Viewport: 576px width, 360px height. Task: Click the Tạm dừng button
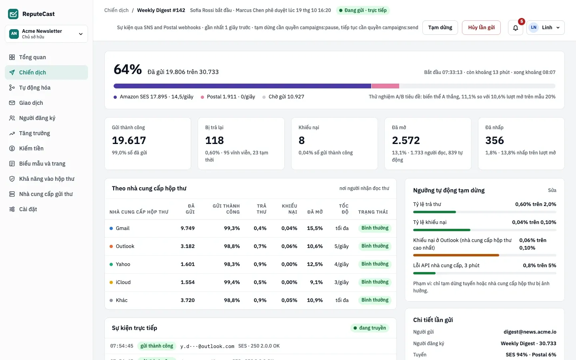pyautogui.click(x=440, y=28)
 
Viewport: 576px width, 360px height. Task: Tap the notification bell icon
pyautogui.click(x=515, y=28)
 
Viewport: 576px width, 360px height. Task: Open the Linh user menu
pyautogui.click(x=546, y=28)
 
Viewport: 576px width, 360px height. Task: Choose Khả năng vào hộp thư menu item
pyautogui.click(x=46, y=179)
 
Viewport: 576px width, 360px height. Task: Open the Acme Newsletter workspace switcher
pyautogui.click(x=46, y=34)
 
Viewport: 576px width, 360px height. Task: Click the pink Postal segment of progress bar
pyautogui.click(x=385, y=86)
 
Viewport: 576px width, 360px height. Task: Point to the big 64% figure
pyautogui.click(x=128, y=70)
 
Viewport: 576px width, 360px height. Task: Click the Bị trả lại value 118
pyautogui.click(x=214, y=140)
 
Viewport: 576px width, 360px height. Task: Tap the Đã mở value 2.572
pyautogui.click(x=406, y=140)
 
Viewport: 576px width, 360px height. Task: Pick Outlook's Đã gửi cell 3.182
pyautogui.click(x=188, y=246)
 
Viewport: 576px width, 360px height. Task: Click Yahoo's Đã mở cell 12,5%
pyautogui.click(x=315, y=264)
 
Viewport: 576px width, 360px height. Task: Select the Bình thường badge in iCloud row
pyautogui.click(x=375, y=282)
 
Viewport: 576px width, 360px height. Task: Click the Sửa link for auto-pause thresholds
pyautogui.click(x=552, y=190)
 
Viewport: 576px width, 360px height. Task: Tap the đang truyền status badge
pyautogui.click(x=370, y=328)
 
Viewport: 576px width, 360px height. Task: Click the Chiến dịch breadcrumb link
pyautogui.click(x=116, y=10)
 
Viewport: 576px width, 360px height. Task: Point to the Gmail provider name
pyautogui.click(x=122, y=228)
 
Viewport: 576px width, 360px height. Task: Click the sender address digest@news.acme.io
pyautogui.click(x=530, y=332)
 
